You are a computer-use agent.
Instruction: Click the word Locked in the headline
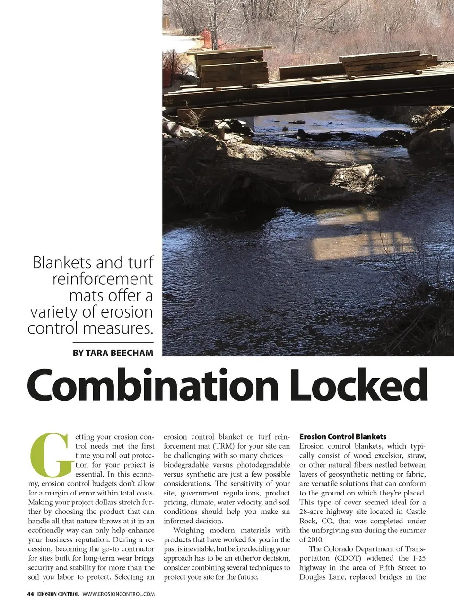tap(359, 385)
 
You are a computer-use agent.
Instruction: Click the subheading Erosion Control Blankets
tap(343, 437)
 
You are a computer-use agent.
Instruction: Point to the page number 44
tap(30, 594)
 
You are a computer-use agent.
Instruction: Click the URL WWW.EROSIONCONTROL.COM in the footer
tap(118, 594)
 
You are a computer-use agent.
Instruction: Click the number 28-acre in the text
tap(314, 512)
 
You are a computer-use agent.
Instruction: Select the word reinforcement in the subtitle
tap(103, 279)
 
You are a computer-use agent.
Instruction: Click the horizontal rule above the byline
tap(113, 342)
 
